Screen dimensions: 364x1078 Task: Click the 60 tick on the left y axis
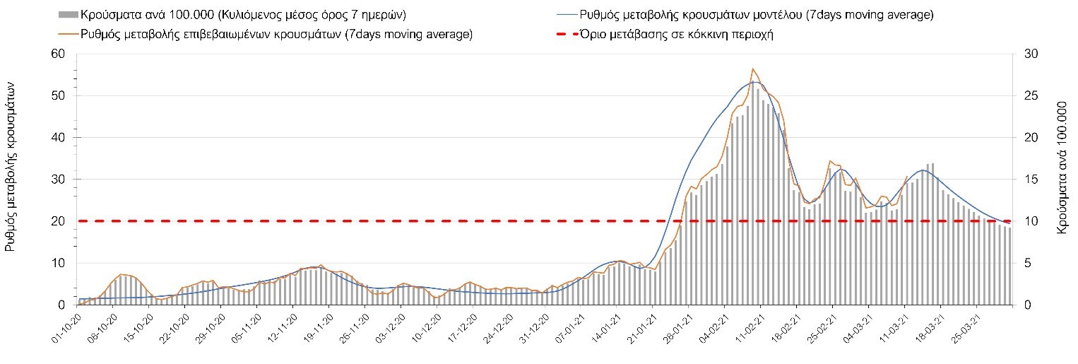(x=58, y=54)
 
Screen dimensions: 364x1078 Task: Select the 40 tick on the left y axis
(x=58, y=137)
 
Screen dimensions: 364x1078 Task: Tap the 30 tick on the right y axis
(x=1025, y=54)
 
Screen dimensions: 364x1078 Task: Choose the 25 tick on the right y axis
(x=1025, y=95)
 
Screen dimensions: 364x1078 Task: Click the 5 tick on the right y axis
(x=1022, y=263)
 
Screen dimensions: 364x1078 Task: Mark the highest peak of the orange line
(x=753, y=69)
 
